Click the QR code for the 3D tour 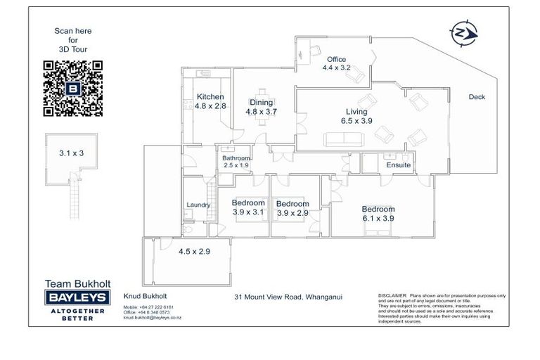coord(73,88)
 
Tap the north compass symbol coord(462,33)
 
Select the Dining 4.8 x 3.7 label coord(261,107)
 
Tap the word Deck coord(477,97)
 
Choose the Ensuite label coord(398,165)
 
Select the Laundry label coord(198,205)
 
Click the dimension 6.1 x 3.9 coord(378,218)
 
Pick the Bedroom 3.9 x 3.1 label coord(248,208)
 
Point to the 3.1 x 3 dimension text coord(71,152)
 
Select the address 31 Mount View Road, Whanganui coord(288,297)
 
